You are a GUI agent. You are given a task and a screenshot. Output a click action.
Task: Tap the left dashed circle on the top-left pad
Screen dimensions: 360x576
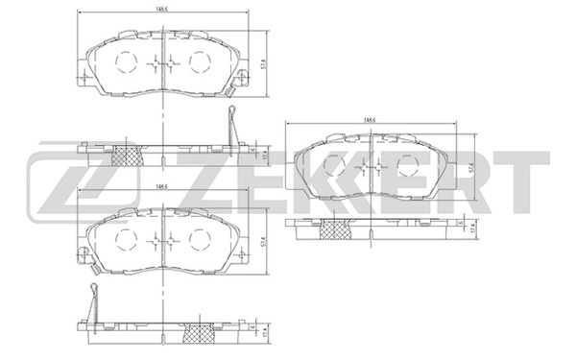127,63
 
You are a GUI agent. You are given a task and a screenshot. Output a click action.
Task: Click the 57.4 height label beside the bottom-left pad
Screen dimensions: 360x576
263,241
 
